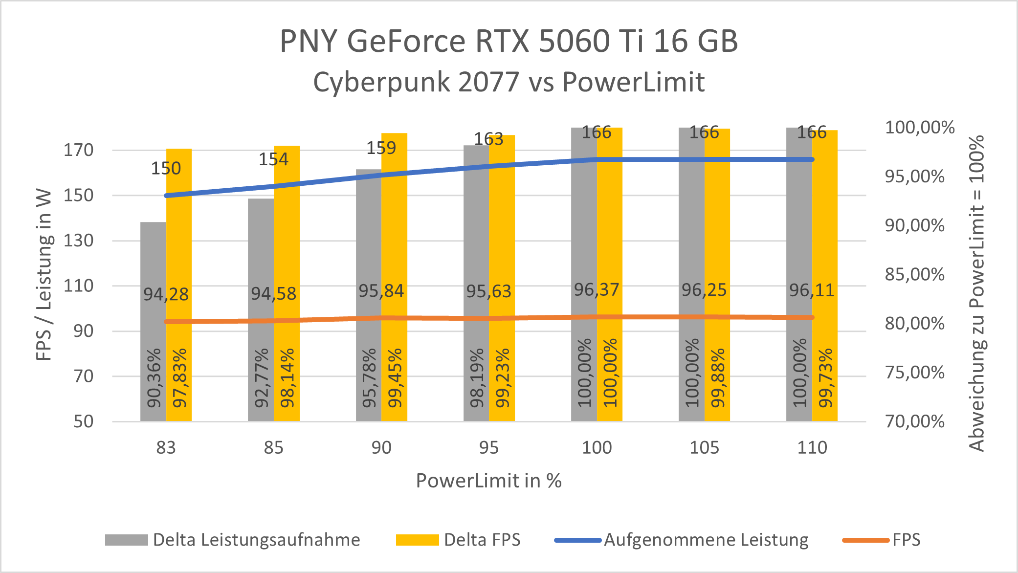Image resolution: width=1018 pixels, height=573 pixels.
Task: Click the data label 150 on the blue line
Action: [166, 169]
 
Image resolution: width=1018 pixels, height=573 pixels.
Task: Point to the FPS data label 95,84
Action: [381, 291]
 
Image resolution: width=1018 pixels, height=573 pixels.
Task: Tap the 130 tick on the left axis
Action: [78, 241]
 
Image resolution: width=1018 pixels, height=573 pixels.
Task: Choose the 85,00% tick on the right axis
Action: [914, 274]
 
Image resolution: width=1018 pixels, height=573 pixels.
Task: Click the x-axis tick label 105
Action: [704, 448]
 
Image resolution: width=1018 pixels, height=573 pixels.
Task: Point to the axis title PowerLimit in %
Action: [488, 481]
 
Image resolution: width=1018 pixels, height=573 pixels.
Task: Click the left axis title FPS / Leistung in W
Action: [44, 275]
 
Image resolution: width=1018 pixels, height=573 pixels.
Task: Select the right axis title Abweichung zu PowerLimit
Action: [977, 293]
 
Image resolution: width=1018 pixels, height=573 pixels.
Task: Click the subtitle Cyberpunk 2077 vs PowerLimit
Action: [509, 82]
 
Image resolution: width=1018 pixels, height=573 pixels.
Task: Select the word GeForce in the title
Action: [406, 41]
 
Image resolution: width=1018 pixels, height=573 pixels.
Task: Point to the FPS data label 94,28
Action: [166, 294]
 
